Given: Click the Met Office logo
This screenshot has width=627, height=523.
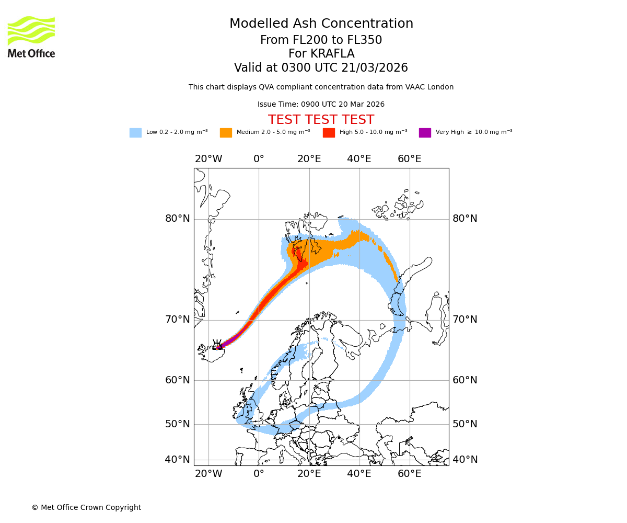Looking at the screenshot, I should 31,37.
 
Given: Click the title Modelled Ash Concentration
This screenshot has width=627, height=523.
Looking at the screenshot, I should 321,24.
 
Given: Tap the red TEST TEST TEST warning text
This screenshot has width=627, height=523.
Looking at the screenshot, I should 321,120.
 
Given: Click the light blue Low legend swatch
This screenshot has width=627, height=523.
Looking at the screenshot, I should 135,133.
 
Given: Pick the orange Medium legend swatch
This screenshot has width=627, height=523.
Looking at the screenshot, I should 226,133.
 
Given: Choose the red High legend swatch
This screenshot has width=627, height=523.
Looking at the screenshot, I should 329,133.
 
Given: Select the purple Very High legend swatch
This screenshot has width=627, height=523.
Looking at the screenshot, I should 425,133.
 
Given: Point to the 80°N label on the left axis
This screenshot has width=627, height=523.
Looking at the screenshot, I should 178,219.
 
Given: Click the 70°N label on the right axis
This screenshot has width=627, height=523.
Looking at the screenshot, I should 465,320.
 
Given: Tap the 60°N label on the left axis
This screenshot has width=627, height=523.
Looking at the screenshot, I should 178,380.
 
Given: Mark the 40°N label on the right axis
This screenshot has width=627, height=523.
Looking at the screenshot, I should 465,460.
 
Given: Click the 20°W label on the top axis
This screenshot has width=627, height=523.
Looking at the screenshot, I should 208,159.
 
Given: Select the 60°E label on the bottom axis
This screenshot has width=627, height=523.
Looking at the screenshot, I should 409,474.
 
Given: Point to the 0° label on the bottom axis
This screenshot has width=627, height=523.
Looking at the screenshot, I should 259,474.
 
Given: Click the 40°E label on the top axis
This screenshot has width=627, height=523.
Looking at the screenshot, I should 359,159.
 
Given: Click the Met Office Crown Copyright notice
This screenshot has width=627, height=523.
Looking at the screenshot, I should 86,507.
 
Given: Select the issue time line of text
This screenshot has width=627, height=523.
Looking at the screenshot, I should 321,105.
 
